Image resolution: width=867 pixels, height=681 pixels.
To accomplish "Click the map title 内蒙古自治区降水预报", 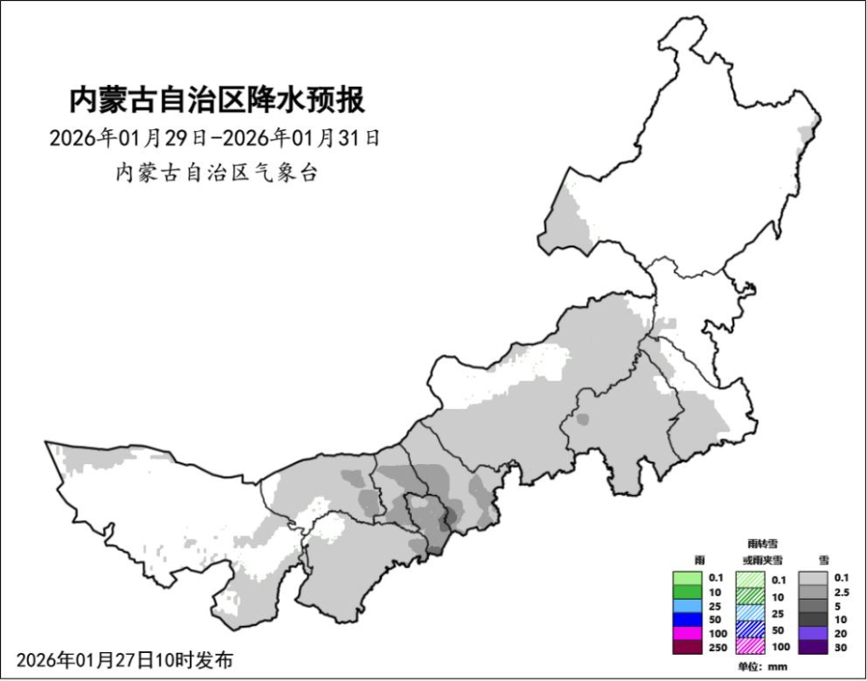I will pyautogui.click(x=217, y=99).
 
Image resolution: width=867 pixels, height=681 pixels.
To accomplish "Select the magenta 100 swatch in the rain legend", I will pyautogui.click(x=687, y=634).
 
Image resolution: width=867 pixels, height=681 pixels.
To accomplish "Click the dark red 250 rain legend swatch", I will pyautogui.click(x=687, y=648).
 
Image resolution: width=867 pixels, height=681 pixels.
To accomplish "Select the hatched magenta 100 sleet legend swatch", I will pyautogui.click(x=750, y=648).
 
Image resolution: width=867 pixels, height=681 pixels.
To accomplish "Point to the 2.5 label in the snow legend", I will pyautogui.click(x=842, y=592).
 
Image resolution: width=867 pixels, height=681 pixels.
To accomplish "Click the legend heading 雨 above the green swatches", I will pyautogui.click(x=687, y=561).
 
